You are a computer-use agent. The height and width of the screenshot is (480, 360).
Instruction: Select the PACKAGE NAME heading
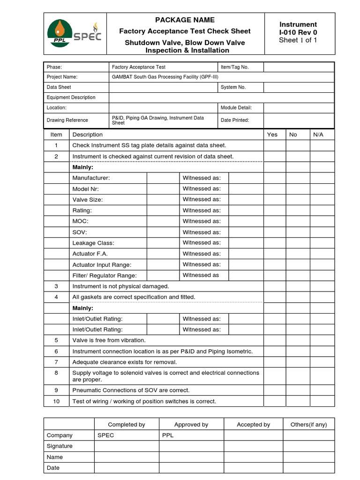[185, 20]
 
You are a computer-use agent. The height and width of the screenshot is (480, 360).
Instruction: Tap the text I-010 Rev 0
[298, 32]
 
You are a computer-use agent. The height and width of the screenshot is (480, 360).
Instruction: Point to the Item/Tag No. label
[234, 67]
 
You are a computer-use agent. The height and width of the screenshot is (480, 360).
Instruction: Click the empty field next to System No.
[299, 87]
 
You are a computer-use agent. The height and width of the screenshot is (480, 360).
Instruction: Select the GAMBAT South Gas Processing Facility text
[165, 77]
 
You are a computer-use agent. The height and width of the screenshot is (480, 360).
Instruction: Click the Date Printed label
[234, 120]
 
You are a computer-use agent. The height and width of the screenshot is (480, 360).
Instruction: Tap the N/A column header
[318, 135]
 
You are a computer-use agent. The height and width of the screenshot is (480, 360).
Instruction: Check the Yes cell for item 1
[275, 145]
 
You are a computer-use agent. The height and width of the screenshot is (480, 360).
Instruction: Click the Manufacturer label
[91, 178]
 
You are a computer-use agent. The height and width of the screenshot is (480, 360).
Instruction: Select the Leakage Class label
[93, 243]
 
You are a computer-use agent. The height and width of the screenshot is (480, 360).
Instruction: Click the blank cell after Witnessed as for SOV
[246, 232]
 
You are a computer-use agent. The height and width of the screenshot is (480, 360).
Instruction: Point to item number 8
[56, 373]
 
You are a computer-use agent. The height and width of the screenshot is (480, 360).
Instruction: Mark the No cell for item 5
[298, 340]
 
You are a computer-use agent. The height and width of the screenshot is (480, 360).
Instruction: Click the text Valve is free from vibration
[109, 340]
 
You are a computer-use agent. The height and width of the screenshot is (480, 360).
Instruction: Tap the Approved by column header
[191, 425]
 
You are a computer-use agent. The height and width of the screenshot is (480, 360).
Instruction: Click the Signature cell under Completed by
[127, 446]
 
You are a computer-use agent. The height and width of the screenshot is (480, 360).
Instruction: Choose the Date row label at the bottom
[53, 468]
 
